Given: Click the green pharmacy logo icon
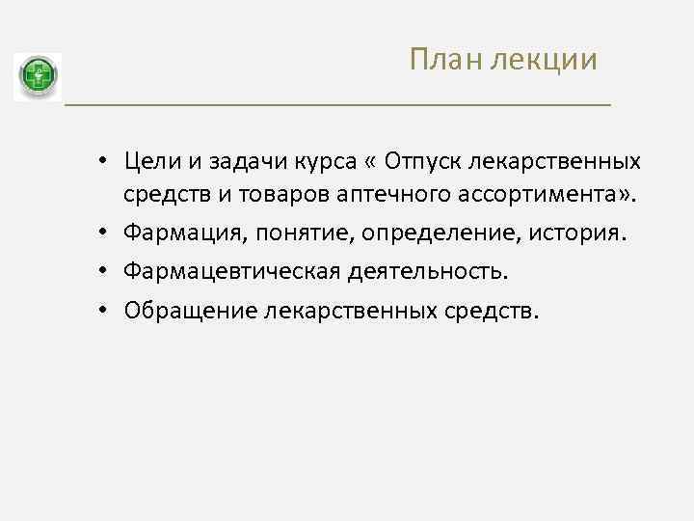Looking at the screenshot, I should [38, 77].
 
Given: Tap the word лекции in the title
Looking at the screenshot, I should [544, 61].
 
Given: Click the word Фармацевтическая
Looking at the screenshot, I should [227, 272].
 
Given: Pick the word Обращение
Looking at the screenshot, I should [182, 311].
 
